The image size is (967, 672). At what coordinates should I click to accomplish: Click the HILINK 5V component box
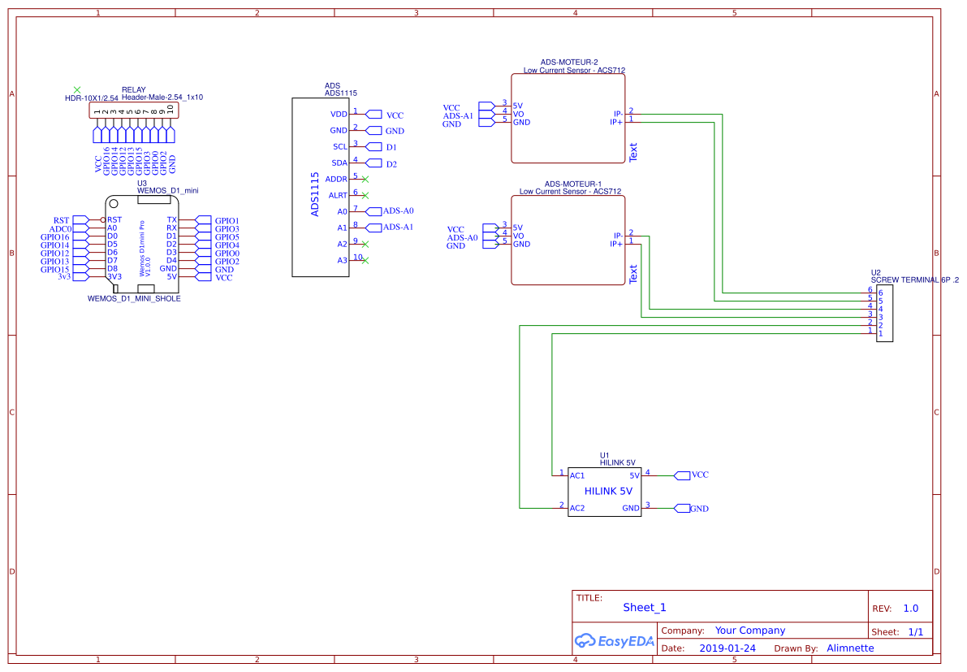click(x=604, y=492)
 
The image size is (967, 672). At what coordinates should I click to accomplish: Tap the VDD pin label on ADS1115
click(x=339, y=115)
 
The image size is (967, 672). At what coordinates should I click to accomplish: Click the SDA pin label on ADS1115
click(x=339, y=163)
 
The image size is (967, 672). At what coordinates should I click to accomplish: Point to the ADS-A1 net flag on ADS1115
click(x=397, y=228)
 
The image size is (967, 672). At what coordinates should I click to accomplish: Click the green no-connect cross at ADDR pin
click(x=365, y=179)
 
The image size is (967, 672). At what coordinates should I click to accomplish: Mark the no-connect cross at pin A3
click(x=365, y=260)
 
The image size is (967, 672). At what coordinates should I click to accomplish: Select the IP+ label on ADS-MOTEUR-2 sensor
click(x=616, y=122)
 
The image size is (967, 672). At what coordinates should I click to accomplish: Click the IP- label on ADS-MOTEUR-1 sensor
click(x=617, y=236)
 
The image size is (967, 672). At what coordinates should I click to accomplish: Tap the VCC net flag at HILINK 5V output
click(x=698, y=475)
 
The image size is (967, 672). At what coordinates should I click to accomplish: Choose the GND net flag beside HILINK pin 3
click(x=698, y=509)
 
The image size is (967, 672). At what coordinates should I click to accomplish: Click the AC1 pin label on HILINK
click(x=577, y=475)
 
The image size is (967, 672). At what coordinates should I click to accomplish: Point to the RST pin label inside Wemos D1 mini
click(x=114, y=220)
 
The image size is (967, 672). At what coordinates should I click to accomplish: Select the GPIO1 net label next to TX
click(x=227, y=220)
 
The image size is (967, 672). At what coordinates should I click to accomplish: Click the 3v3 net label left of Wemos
click(x=64, y=277)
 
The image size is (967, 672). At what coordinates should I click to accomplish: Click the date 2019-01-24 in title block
click(x=727, y=648)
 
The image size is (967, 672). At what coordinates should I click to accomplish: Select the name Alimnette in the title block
click(x=850, y=648)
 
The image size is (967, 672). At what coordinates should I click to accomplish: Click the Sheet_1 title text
click(x=644, y=608)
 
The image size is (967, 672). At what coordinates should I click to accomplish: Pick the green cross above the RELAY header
click(x=77, y=89)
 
